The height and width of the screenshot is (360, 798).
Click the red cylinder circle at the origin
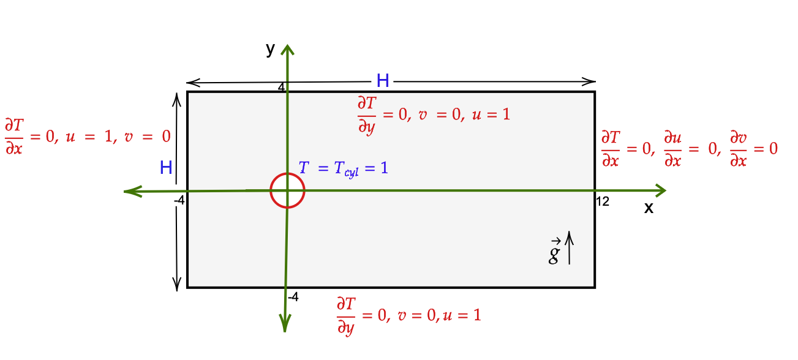(287, 190)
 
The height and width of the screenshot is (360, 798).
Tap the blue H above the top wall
(383, 80)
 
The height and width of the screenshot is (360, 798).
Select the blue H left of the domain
(165, 168)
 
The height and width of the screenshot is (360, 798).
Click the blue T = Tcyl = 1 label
(343, 168)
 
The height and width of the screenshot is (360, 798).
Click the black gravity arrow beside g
(570, 247)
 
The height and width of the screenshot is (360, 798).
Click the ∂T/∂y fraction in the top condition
(367, 114)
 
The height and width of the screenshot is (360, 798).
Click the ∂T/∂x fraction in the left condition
(13, 137)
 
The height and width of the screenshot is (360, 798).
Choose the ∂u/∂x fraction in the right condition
(673, 149)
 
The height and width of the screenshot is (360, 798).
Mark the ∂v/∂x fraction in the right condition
(738, 149)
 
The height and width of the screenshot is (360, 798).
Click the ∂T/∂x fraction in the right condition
(610, 149)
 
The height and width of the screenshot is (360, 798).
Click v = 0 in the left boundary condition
(147, 137)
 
